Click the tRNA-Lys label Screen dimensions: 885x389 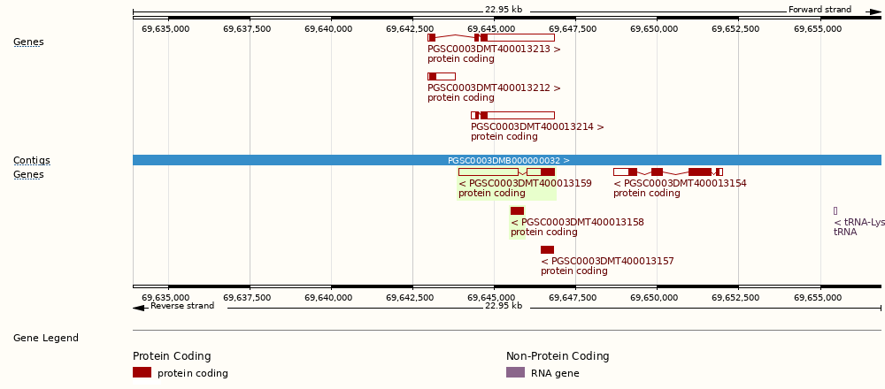point(859,222)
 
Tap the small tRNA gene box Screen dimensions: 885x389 point(835,210)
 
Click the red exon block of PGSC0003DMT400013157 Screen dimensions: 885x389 point(547,249)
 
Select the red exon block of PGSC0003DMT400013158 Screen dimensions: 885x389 point(517,210)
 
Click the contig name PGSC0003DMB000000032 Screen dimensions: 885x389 point(509,160)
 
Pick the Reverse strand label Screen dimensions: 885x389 point(182,306)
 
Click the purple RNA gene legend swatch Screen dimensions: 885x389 point(515,372)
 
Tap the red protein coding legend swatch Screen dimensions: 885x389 point(142,372)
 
